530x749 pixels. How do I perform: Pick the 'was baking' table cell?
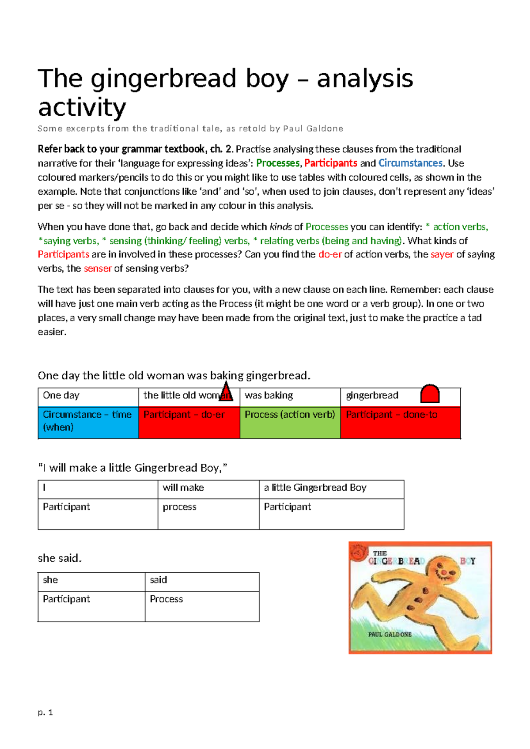click(290, 396)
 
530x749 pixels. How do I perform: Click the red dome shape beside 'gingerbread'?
click(430, 393)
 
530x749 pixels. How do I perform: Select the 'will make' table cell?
click(208, 488)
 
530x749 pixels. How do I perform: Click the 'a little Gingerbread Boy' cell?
click(331, 488)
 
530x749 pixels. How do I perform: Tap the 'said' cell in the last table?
click(202, 581)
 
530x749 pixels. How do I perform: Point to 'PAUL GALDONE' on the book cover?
click(390, 635)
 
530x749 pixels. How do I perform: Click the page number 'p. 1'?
click(45, 712)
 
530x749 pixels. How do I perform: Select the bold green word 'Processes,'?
click(278, 163)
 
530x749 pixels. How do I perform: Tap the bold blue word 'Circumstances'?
click(410, 163)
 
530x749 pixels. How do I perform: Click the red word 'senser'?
click(98, 269)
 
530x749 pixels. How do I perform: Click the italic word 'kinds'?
click(280, 227)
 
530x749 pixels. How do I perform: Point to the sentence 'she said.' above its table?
click(60, 558)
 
